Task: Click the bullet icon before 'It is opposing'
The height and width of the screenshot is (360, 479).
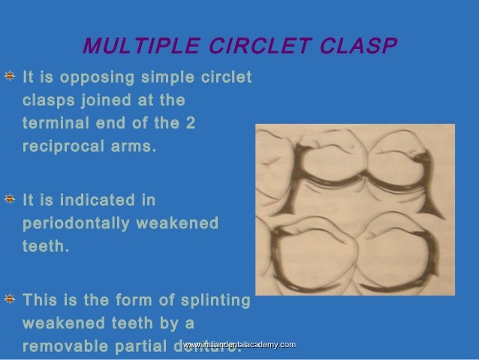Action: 12,77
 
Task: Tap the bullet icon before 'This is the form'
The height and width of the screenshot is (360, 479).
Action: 12,300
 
